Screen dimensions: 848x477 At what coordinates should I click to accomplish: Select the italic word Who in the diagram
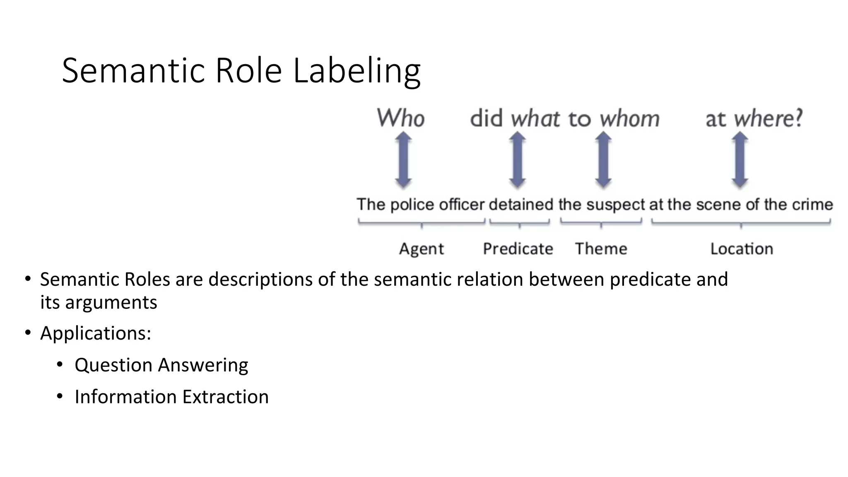[400, 118]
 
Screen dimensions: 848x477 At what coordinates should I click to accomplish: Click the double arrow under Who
[403, 160]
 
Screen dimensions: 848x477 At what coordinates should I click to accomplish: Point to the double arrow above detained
[517, 160]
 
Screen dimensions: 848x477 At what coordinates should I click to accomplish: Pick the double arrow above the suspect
[603, 160]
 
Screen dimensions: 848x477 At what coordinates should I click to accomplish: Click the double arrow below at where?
[740, 160]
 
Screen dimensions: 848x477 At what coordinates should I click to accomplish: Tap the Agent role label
[421, 249]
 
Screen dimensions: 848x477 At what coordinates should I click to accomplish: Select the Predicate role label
[518, 249]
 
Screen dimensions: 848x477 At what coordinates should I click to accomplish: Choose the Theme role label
[601, 249]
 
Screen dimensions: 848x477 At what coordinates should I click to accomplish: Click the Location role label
[742, 249]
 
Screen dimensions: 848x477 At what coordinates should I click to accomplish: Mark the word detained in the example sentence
[521, 205]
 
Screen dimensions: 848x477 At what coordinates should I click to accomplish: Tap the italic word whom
[629, 119]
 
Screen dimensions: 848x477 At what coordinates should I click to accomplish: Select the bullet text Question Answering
[161, 365]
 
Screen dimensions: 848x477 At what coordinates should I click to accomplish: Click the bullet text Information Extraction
[171, 397]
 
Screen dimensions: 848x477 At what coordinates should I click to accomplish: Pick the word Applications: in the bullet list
[96, 333]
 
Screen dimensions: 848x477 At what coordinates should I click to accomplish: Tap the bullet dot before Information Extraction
[60, 397]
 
